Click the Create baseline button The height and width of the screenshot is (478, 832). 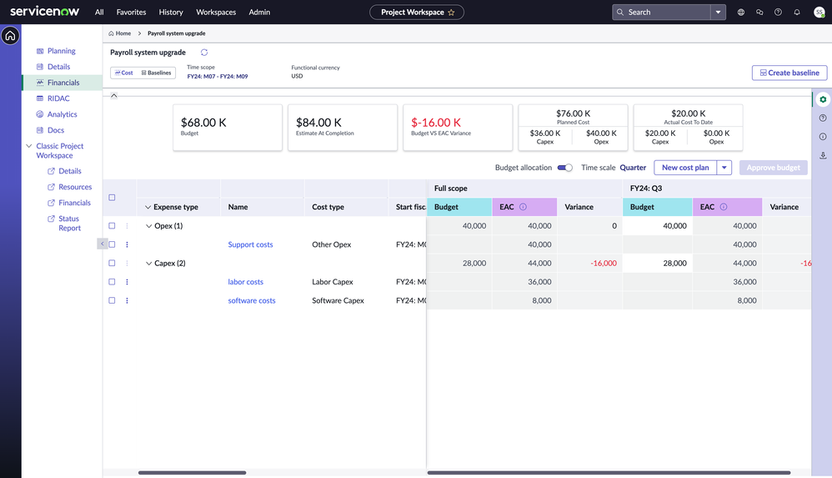(789, 73)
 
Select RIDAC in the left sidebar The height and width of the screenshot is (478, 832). (58, 98)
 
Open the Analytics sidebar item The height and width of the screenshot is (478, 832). (62, 114)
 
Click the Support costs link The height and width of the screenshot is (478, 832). (250, 244)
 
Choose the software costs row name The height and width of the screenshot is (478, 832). (252, 300)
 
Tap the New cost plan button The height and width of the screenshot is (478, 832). (684, 168)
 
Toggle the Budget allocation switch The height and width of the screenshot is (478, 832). (564, 168)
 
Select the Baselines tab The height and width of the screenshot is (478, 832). (156, 73)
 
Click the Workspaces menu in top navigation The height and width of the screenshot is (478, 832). (216, 13)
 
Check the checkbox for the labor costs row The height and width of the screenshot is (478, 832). (112, 282)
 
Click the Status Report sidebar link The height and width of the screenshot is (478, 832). (69, 224)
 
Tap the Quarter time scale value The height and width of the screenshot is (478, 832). (633, 168)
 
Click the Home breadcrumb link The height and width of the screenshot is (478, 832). (120, 33)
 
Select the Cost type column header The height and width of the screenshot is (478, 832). (328, 207)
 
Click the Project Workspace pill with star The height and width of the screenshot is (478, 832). (417, 13)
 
